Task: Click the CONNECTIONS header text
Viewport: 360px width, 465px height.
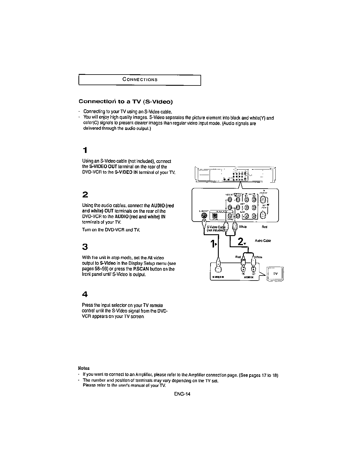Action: [140, 80]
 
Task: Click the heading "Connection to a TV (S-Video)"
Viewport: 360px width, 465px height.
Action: [126, 102]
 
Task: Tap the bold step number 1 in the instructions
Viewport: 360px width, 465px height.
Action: [85, 150]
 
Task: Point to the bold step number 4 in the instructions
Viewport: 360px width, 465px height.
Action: [85, 294]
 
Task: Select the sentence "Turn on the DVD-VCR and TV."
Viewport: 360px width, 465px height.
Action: [111, 230]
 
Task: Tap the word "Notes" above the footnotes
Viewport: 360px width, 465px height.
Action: [84, 368]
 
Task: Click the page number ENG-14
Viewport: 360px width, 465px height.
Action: [182, 394]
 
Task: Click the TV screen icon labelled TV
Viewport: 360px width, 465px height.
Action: [275, 274]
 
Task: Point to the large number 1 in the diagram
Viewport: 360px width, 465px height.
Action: [213, 244]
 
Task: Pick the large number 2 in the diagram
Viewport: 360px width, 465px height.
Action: [241, 242]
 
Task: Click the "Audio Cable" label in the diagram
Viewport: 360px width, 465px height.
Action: [263, 241]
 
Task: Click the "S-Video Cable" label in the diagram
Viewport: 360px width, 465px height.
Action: [215, 227]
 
